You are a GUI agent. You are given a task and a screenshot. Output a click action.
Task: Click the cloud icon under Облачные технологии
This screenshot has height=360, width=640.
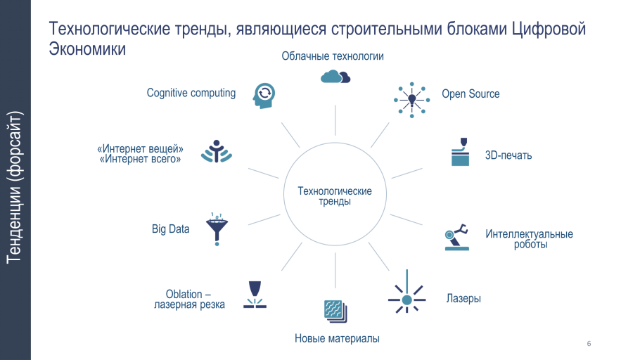[x=335, y=76]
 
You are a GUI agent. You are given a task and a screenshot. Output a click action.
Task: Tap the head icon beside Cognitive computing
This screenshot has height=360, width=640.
[x=263, y=96]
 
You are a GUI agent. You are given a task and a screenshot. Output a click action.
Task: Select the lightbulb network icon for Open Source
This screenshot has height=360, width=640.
[x=411, y=99]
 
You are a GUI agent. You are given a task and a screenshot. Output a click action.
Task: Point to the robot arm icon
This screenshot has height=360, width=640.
[x=456, y=238]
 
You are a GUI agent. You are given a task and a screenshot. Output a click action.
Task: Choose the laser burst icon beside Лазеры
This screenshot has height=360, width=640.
[x=407, y=300]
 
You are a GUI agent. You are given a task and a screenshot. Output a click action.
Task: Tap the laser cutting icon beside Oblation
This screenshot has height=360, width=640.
[x=255, y=295]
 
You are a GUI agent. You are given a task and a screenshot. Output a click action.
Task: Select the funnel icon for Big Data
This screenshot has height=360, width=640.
[x=217, y=229]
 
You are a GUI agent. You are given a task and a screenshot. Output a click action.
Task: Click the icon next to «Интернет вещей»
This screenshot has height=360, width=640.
[x=215, y=153]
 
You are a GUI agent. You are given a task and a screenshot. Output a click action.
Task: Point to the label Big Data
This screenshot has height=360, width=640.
[x=170, y=229]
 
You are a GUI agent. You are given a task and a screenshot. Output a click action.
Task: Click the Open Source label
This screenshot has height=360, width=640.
[x=471, y=94]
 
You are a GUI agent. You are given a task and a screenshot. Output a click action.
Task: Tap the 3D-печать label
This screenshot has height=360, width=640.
[x=508, y=155]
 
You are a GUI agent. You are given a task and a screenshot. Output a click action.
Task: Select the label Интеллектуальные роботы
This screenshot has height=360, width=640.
[x=529, y=239]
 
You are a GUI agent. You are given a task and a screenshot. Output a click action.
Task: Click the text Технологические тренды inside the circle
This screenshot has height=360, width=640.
[x=335, y=196]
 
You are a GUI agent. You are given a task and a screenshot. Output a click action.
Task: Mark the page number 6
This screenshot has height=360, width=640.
[x=588, y=343]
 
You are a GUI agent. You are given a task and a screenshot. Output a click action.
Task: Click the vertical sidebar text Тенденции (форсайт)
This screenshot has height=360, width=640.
[x=15, y=186]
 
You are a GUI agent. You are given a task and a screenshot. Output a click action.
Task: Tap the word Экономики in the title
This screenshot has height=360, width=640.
[x=87, y=49]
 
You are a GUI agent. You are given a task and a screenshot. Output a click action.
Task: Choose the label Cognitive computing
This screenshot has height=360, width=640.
[x=191, y=93]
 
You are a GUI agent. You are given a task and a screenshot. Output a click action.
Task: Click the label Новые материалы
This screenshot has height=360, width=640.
[x=337, y=339]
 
